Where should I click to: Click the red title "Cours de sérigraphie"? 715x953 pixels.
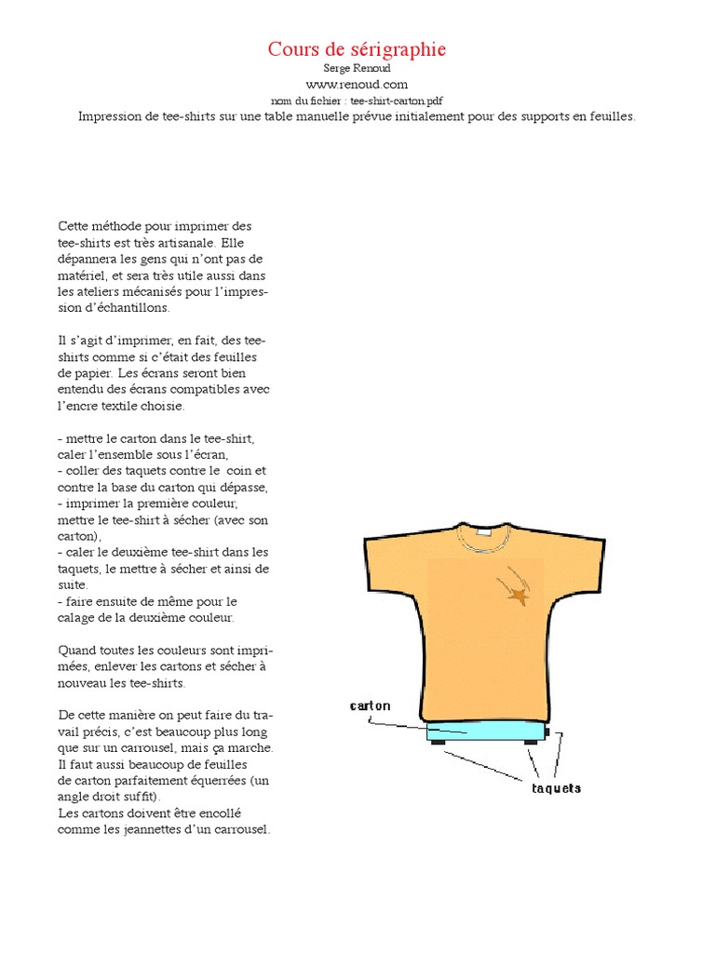(357, 49)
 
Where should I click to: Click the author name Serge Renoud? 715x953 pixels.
(357, 69)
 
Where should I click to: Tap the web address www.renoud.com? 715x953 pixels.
(357, 85)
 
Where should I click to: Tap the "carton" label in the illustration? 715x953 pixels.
(370, 705)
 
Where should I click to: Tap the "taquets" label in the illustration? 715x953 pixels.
(556, 788)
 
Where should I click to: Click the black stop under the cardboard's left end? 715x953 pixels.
(437, 742)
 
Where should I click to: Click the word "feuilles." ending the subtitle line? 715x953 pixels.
(610, 116)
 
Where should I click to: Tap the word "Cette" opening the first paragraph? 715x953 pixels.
(75, 226)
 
